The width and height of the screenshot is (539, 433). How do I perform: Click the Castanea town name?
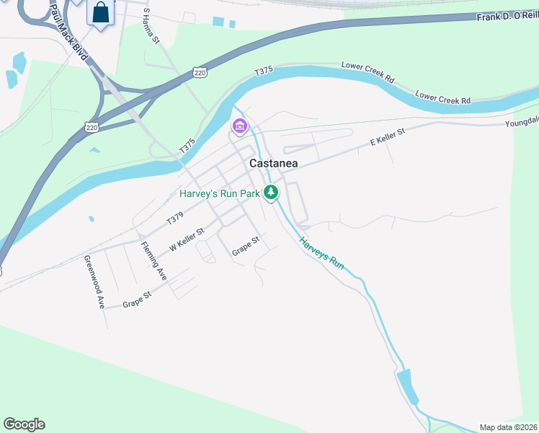pos(273,164)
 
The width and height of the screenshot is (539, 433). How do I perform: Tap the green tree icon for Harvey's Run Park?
pos(271,193)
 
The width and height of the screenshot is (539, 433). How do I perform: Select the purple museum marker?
pos(239,128)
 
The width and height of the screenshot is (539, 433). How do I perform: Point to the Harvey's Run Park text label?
pos(219,193)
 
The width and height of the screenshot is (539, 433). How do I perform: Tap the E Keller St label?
pos(388,137)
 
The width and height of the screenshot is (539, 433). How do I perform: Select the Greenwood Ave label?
pos(93,282)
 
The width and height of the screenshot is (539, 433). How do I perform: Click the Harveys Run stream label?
pos(322,254)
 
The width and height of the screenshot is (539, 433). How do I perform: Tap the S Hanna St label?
pos(151,26)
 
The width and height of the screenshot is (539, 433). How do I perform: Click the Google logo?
pos(24,424)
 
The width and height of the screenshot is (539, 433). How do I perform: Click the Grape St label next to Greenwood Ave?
pos(137,299)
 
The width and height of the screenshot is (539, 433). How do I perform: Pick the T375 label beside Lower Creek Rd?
pos(264,71)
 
